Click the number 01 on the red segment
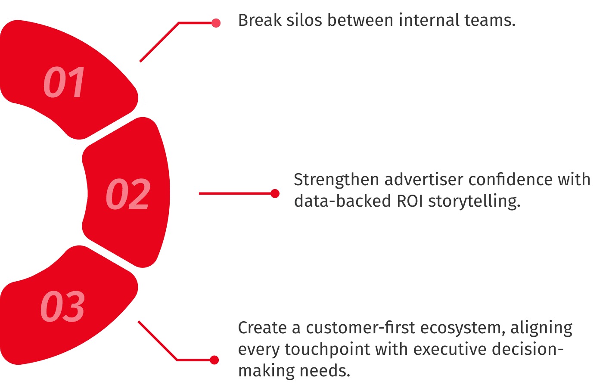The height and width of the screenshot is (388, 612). click(x=65, y=82)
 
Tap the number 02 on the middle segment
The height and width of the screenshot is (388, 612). click(x=128, y=194)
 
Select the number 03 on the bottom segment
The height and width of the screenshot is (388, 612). click(x=63, y=307)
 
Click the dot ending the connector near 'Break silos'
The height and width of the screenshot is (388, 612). click(x=216, y=23)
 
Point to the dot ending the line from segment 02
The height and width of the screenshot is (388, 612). click(x=275, y=193)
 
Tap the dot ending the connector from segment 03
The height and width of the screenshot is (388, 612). click(x=214, y=360)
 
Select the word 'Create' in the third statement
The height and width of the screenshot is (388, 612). click(x=262, y=328)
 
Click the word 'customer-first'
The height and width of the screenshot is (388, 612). click(x=360, y=328)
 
